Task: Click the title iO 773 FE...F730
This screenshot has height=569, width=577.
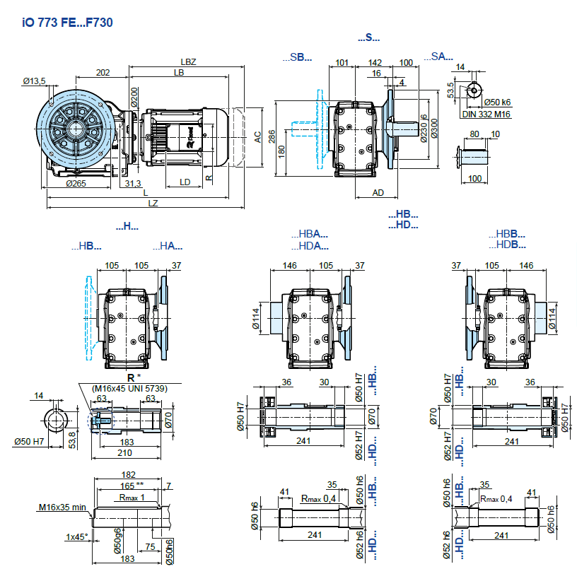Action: click(x=68, y=22)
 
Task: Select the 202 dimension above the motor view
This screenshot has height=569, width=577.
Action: click(x=103, y=72)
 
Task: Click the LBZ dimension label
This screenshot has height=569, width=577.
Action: click(x=187, y=62)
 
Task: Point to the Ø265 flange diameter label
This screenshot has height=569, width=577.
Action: click(x=76, y=184)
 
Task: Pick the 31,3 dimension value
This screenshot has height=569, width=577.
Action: click(x=132, y=184)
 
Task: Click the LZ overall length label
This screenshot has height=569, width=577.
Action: click(x=153, y=203)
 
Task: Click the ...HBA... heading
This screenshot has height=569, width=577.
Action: click(x=309, y=234)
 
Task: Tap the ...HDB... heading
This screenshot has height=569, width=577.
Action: click(x=506, y=245)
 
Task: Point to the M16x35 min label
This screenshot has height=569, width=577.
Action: click(x=62, y=506)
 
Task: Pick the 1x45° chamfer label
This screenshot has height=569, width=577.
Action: click(x=77, y=537)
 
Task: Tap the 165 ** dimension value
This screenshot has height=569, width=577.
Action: click(x=129, y=486)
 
